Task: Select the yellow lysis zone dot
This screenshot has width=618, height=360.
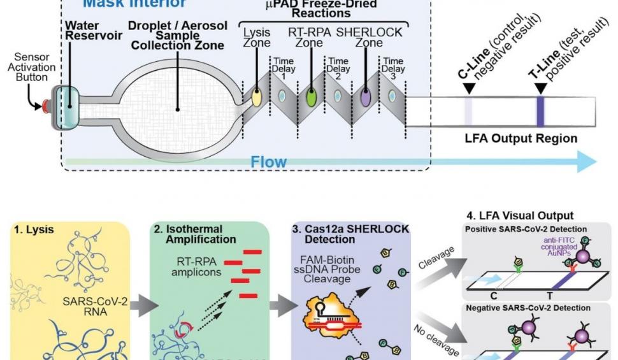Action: coord(257,97)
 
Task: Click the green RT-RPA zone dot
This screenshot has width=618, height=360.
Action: coord(311,97)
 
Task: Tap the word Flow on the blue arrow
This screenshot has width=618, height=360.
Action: coord(268,162)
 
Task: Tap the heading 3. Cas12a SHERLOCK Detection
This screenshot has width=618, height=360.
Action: coord(351,234)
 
